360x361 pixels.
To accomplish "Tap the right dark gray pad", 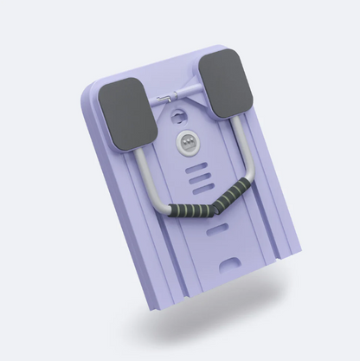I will coord(227,83).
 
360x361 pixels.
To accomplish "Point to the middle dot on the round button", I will coord(187,142).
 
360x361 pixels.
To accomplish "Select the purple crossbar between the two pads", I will coord(178,93).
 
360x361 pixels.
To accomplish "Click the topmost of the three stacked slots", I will coord(196,164).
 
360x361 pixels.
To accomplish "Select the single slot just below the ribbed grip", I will coord(218,229).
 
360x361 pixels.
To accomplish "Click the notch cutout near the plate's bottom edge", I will coord(230,262).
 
